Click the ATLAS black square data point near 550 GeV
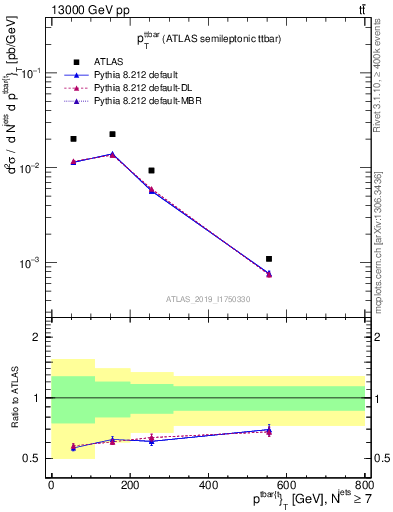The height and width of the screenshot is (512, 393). coord(269,259)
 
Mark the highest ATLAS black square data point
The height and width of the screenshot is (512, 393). coord(112,134)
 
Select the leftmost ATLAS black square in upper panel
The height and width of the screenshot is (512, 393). coord(73,139)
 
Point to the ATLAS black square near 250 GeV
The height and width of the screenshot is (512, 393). coord(151,171)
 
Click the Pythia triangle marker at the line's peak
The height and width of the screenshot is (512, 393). coord(112,154)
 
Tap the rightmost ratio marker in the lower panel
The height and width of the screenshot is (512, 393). coord(269,430)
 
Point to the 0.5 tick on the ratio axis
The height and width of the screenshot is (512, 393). coord(35,459)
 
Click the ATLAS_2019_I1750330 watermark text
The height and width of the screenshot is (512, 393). coord(207,299)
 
